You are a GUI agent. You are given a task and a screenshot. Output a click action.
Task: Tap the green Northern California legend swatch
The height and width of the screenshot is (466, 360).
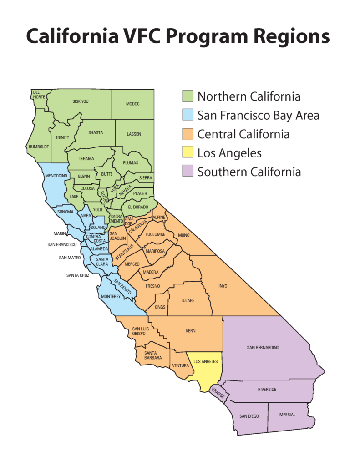188,96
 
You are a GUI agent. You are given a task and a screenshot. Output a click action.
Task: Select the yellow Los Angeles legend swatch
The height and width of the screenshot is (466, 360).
188,153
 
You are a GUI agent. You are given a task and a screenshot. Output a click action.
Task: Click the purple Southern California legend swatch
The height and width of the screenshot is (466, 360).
188,172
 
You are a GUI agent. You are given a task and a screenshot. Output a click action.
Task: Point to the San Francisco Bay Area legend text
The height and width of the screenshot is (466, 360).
258,116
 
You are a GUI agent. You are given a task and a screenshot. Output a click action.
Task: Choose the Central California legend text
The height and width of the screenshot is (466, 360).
243,134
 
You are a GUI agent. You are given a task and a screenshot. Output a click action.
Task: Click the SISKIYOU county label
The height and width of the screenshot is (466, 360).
81,101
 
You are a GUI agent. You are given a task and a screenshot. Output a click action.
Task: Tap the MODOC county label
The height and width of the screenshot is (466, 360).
132,104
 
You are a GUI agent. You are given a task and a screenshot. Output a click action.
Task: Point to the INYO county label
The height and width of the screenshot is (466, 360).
223,286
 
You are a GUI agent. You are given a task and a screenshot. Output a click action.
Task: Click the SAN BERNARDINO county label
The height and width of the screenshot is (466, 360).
263,348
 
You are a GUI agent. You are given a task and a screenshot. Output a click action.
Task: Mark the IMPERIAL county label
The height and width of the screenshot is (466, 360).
287,415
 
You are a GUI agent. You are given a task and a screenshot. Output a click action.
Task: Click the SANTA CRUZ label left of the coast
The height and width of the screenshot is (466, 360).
78,275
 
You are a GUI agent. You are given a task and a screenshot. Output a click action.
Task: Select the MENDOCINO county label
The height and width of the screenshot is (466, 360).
56,176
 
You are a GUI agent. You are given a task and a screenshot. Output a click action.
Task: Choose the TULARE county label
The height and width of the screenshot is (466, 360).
188,301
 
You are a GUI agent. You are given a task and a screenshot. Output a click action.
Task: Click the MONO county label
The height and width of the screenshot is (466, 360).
184,235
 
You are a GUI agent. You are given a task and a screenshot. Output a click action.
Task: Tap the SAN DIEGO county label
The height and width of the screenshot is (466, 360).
249,416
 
